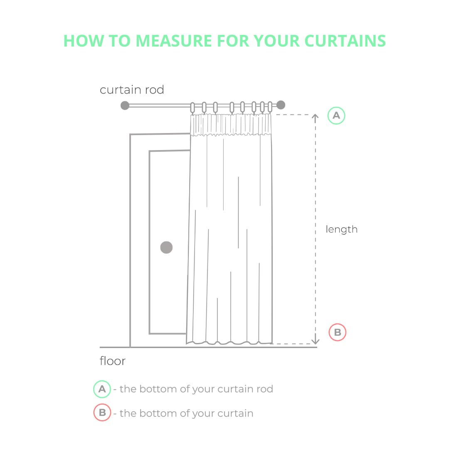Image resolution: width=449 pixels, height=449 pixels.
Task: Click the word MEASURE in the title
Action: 174,41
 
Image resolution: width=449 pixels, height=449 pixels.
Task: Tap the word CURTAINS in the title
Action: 345,41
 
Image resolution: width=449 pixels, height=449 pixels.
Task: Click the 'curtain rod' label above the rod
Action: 132,90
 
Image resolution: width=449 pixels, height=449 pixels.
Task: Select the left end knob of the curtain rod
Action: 125,105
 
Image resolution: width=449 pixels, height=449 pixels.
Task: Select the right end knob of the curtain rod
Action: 281,105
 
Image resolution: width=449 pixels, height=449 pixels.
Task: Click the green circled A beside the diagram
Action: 336,116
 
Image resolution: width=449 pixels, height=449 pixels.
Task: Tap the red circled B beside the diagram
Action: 337,332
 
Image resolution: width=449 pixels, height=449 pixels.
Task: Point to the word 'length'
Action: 342,229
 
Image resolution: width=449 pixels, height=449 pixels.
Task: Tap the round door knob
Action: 166,247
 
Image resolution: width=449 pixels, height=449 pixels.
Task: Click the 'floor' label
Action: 113,361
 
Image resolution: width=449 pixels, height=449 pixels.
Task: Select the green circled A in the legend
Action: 102,389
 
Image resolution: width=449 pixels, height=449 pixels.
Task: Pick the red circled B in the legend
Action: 102,412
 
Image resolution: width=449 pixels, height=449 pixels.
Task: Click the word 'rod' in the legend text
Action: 265,389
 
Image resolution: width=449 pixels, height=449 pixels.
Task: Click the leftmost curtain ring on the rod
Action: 192,108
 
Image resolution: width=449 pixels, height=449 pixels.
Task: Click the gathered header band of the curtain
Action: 231,125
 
